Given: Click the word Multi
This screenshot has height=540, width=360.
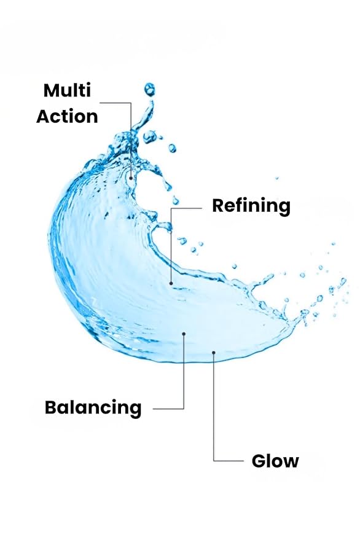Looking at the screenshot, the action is click(67, 90).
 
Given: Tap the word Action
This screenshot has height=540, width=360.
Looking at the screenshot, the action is click(67, 116).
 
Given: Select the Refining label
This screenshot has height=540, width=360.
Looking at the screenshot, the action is click(251, 206).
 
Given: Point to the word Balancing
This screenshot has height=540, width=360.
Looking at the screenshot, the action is click(93, 408).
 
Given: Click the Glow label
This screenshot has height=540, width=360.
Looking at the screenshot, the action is click(275, 461).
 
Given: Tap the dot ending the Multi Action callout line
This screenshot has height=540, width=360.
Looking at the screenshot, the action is click(131, 178).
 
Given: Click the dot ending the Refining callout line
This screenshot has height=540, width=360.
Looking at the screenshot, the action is click(171, 283).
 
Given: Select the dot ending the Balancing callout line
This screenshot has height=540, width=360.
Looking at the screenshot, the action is click(184, 334).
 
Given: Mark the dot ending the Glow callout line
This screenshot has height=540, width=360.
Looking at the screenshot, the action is click(214, 352).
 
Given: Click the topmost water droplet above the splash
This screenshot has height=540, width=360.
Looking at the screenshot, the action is click(149, 90).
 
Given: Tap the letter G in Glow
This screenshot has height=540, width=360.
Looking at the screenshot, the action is click(259, 461).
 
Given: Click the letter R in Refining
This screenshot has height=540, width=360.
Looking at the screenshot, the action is click(219, 206).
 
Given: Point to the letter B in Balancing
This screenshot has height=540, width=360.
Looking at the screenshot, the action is click(51, 407).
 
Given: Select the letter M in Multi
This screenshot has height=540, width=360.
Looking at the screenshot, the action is click(52, 90).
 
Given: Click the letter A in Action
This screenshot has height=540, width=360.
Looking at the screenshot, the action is click(44, 116).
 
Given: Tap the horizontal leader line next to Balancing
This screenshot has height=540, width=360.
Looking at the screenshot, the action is click(168, 409).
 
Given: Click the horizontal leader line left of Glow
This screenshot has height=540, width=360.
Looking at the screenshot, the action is click(229, 461).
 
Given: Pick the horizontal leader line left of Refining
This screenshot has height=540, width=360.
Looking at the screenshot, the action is click(186, 208).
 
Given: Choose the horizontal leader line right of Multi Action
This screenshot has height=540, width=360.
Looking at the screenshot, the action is click(115, 103).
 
